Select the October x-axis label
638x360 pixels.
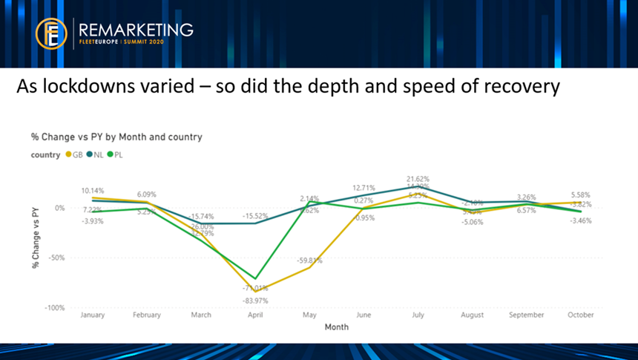point(581,315)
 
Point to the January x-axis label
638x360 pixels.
point(93,315)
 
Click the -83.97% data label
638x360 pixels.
point(254,300)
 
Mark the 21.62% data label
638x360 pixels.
point(418,179)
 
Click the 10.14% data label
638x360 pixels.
point(93,190)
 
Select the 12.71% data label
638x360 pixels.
point(364,188)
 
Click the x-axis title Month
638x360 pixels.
point(336,327)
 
